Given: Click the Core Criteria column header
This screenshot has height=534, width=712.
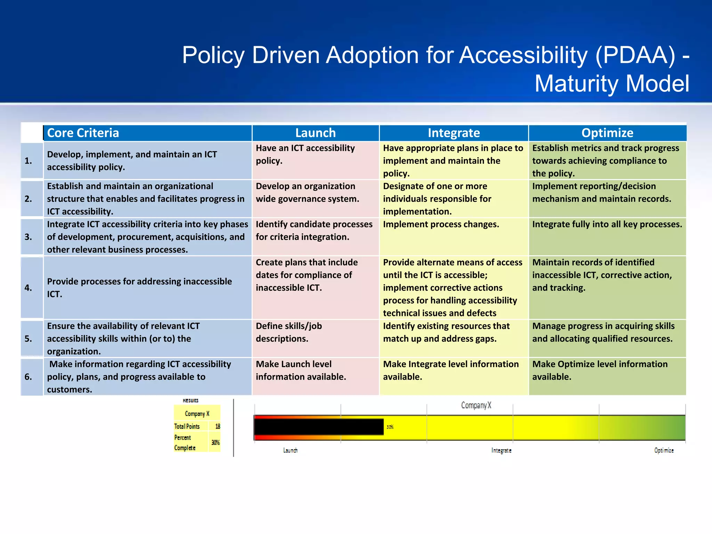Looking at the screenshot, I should point(83,133).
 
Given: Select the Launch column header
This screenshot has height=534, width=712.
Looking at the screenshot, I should point(315,133).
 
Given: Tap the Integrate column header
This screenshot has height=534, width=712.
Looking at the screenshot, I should point(454,133).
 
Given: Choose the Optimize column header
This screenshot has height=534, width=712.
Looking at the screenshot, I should point(607,133).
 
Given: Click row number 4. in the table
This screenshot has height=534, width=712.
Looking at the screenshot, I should point(28,288).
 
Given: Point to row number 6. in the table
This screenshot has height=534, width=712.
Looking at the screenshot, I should point(28,377).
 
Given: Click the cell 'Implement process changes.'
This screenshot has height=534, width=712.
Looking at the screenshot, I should point(441,225).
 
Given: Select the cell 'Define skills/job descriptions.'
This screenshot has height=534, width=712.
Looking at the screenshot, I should point(289,332).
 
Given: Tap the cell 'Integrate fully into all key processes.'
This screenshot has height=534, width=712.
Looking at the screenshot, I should point(607,225).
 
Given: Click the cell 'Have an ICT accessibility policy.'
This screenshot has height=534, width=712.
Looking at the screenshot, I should point(305,154).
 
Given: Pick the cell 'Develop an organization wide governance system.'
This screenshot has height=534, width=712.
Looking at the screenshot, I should point(307,193).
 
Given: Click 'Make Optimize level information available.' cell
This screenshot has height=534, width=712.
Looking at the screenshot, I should point(600,370).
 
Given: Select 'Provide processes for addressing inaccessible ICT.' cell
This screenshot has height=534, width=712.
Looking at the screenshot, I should point(139,288).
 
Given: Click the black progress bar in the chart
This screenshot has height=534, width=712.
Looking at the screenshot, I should point(319,427).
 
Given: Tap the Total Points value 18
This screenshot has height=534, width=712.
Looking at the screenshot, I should point(218,426).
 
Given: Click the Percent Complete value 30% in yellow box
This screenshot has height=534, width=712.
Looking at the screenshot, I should point(216,443).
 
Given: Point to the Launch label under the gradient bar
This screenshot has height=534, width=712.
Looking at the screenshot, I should point(290,451).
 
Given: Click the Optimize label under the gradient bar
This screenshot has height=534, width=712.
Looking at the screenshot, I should point(664,451).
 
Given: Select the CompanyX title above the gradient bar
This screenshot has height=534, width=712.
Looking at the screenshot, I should point(476,405).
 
